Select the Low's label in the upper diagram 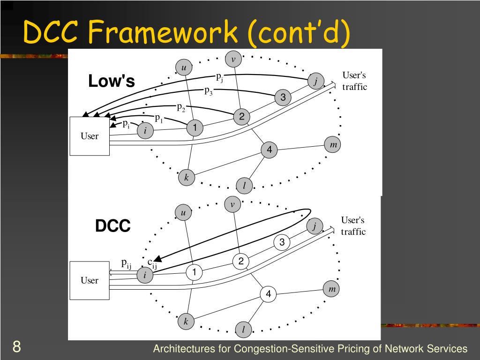pyautogui.click(x=112, y=82)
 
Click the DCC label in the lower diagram pyautogui.click(x=113, y=226)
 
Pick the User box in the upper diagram pyautogui.click(x=90, y=136)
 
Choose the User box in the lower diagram pyautogui.click(x=90, y=280)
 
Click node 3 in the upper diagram pyautogui.click(x=283, y=97)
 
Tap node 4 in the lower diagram pyautogui.click(x=268, y=294)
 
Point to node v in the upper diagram pyautogui.click(x=233, y=59)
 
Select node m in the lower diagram pyautogui.click(x=332, y=289)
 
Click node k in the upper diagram pyautogui.click(x=186, y=177)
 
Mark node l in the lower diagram pyautogui.click(x=243, y=330)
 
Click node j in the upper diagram pyautogui.click(x=316, y=82)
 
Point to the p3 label pyautogui.click(x=209, y=91)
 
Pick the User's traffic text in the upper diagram pyautogui.click(x=354, y=81)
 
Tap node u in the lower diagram pyautogui.click(x=183, y=213)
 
